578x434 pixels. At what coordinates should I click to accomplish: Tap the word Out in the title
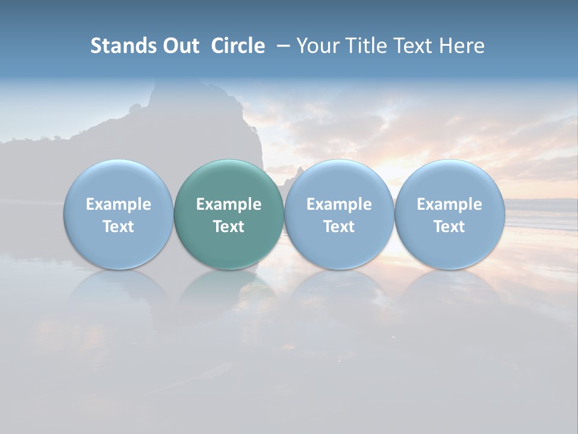click(x=179, y=46)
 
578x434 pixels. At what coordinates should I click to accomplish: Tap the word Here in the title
click(x=462, y=46)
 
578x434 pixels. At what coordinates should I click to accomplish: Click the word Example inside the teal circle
click(x=229, y=204)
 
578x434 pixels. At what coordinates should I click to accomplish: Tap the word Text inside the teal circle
click(x=229, y=227)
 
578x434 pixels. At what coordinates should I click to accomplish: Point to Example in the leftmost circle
click(x=119, y=204)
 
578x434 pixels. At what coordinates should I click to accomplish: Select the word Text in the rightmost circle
click(x=450, y=227)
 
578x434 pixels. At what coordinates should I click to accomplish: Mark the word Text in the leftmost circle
click(x=119, y=227)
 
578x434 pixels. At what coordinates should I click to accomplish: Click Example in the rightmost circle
click(x=450, y=204)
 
